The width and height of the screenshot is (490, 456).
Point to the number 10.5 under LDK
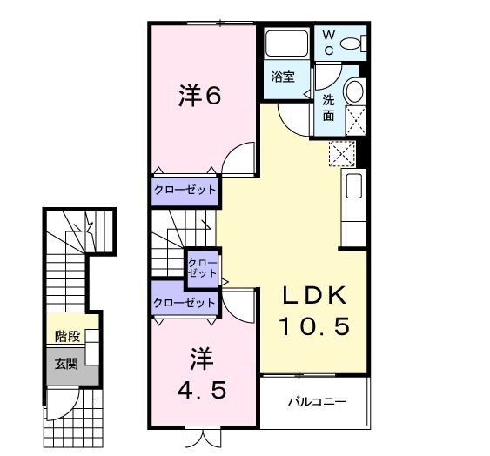pos(314,326)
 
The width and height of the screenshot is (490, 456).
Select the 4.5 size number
pos(203,390)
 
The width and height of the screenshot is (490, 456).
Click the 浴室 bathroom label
pos(282,77)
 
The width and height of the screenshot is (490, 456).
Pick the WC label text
pos(329,42)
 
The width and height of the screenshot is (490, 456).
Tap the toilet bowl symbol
pos(352,43)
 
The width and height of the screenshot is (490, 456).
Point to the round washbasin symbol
pos(354,91)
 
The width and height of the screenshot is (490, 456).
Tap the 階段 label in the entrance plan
pos(67,336)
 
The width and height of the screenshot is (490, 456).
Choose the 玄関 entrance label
pos(66,363)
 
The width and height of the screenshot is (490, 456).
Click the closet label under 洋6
pos(185,188)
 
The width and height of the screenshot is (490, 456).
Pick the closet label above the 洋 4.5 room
pos(184,303)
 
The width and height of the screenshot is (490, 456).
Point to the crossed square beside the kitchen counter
pos(341,154)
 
